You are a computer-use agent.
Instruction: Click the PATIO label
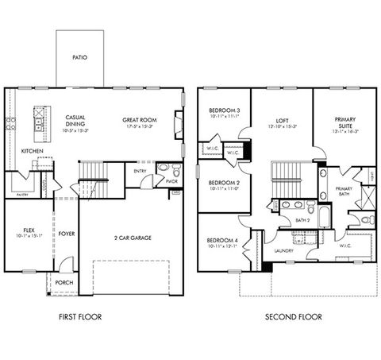pos(79,57)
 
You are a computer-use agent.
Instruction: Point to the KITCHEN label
pos(32,150)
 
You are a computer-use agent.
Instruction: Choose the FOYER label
pos(66,234)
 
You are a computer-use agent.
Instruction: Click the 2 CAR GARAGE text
pos(132,238)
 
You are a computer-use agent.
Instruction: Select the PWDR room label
pos(171,181)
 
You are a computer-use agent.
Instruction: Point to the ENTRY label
pos(140,170)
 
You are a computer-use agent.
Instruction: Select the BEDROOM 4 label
pos(221,241)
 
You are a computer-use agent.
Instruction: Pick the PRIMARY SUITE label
pos(344,121)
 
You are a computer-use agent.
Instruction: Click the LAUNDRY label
pos(284,252)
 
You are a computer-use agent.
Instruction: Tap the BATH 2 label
pos(302,220)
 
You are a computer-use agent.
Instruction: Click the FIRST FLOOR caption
pos(79,316)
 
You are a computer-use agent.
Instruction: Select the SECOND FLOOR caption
pos(294,316)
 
